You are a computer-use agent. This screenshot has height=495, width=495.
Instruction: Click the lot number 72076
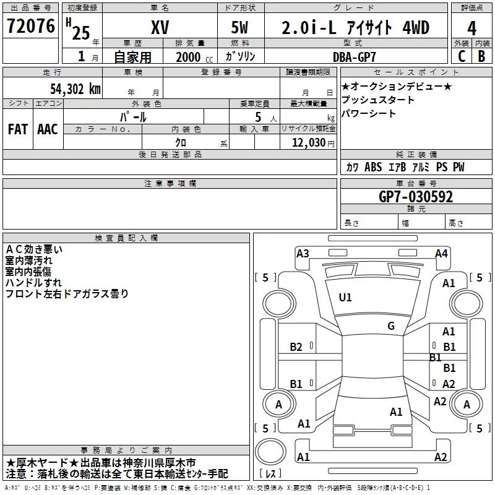pyautogui.click(x=32, y=27)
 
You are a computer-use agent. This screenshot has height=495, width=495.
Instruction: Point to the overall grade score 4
pyautogui.click(x=472, y=28)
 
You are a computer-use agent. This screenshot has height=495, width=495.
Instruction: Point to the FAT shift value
pyautogui.click(x=17, y=129)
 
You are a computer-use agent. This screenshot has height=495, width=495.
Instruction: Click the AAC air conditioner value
pyautogui.click(x=47, y=129)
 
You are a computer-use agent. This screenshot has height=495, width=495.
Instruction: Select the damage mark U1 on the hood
pyautogui.click(x=345, y=298)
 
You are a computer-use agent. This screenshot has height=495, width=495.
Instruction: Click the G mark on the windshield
pyautogui.click(x=390, y=325)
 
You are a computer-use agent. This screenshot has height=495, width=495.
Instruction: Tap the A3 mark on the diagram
pyautogui.click(x=303, y=253)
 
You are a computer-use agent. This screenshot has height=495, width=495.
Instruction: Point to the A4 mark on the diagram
pyautogui.click(x=441, y=253)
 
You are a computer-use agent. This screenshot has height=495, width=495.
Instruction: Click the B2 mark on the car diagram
pyautogui.click(x=296, y=347)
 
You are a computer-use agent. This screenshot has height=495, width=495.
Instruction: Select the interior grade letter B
pyautogui.click(x=481, y=56)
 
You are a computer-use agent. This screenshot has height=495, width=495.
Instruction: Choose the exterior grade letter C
pyautogui.click(x=462, y=56)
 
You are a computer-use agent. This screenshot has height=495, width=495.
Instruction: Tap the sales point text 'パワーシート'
pyautogui.click(x=369, y=113)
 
